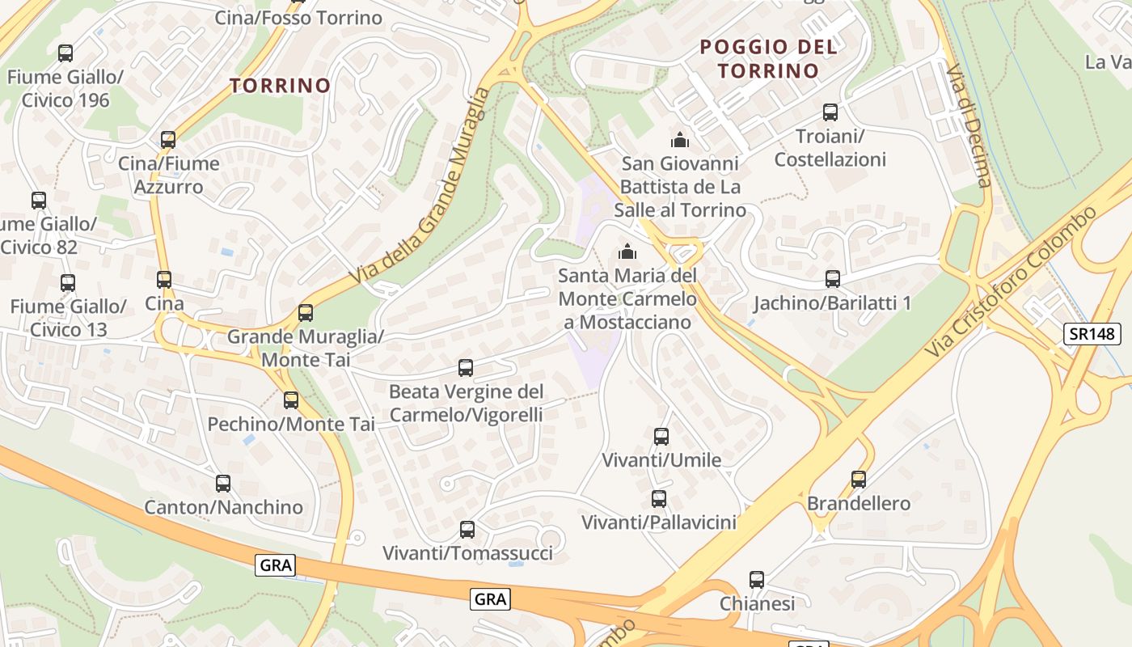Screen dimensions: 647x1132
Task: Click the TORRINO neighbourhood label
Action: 280,85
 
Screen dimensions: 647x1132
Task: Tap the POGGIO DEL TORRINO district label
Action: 768,58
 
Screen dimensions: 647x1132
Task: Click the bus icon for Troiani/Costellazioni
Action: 830,112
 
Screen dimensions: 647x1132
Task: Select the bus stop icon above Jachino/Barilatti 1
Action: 833,279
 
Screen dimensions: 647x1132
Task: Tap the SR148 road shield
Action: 1092,333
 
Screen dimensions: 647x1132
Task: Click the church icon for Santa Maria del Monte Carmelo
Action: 627,252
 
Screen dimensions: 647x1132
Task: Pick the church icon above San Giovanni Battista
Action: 680,141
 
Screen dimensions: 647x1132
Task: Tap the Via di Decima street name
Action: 968,125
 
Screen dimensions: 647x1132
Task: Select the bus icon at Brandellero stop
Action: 859,480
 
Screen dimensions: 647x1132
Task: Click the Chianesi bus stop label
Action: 757,603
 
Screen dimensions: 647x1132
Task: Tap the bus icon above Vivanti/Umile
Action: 661,437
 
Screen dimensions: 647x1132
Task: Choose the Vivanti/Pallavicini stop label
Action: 659,522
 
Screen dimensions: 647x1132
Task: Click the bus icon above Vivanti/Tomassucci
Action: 467,530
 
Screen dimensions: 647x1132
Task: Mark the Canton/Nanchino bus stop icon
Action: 223,484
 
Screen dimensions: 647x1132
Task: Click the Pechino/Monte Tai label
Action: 291,424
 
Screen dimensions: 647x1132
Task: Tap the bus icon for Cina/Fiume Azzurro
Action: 168,140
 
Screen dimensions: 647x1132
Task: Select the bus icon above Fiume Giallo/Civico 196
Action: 65,53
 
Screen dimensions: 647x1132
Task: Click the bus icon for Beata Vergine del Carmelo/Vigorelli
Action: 466,368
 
